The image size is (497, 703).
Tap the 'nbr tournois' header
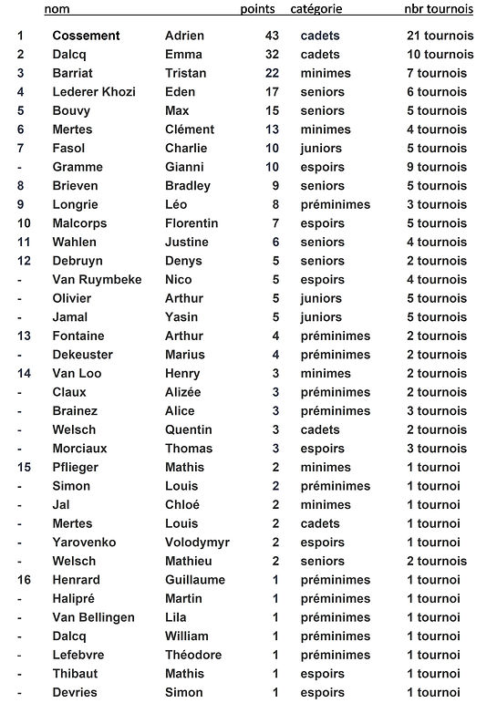439,10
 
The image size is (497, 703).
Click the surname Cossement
86,36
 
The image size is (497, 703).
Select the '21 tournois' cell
440,36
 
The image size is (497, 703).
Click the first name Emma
183,55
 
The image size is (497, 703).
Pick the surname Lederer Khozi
98,92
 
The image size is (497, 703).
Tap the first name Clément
190,129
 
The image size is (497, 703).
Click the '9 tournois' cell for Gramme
437,167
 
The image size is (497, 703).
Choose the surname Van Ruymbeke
98,280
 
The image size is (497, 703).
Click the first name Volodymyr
197,543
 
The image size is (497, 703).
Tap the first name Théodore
193,655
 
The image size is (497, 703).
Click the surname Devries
75,693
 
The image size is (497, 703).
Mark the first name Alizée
183,392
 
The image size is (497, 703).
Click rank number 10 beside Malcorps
24,223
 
